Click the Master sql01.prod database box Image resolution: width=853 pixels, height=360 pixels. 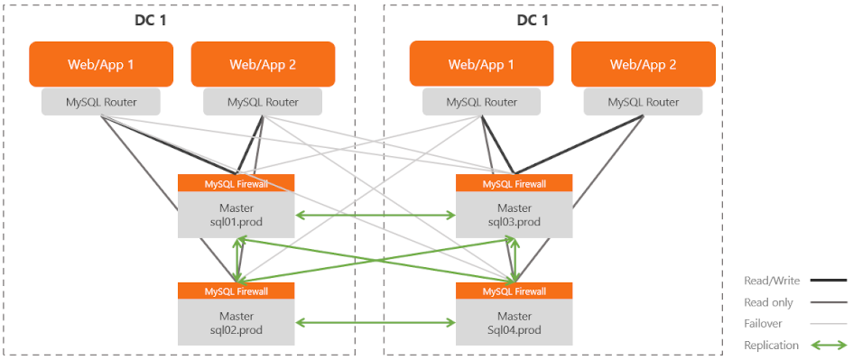(236, 214)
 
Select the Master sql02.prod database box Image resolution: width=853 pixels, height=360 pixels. (236, 322)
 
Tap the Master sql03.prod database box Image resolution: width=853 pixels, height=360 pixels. (514, 214)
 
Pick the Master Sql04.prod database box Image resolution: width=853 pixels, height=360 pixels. (514, 322)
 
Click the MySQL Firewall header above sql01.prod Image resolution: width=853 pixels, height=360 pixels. (236, 183)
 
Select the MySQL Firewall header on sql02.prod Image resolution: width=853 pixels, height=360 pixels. (236, 291)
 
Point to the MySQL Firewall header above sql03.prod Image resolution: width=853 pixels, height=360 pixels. (514, 183)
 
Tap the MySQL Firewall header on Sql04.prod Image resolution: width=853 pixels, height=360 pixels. (514, 291)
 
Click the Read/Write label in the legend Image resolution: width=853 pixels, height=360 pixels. (772, 281)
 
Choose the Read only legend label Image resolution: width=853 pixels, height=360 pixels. (769, 302)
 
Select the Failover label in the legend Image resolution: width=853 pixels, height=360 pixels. (764, 323)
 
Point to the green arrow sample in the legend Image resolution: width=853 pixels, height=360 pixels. (828, 345)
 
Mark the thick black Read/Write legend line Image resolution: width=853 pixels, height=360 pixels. (828, 281)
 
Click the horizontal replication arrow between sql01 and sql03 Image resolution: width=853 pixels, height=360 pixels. (375, 216)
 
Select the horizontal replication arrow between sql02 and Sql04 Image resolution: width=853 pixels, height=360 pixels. (375, 322)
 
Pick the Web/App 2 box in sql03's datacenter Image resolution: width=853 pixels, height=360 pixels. (644, 64)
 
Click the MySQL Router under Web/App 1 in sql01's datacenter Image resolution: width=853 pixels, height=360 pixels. (101, 102)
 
